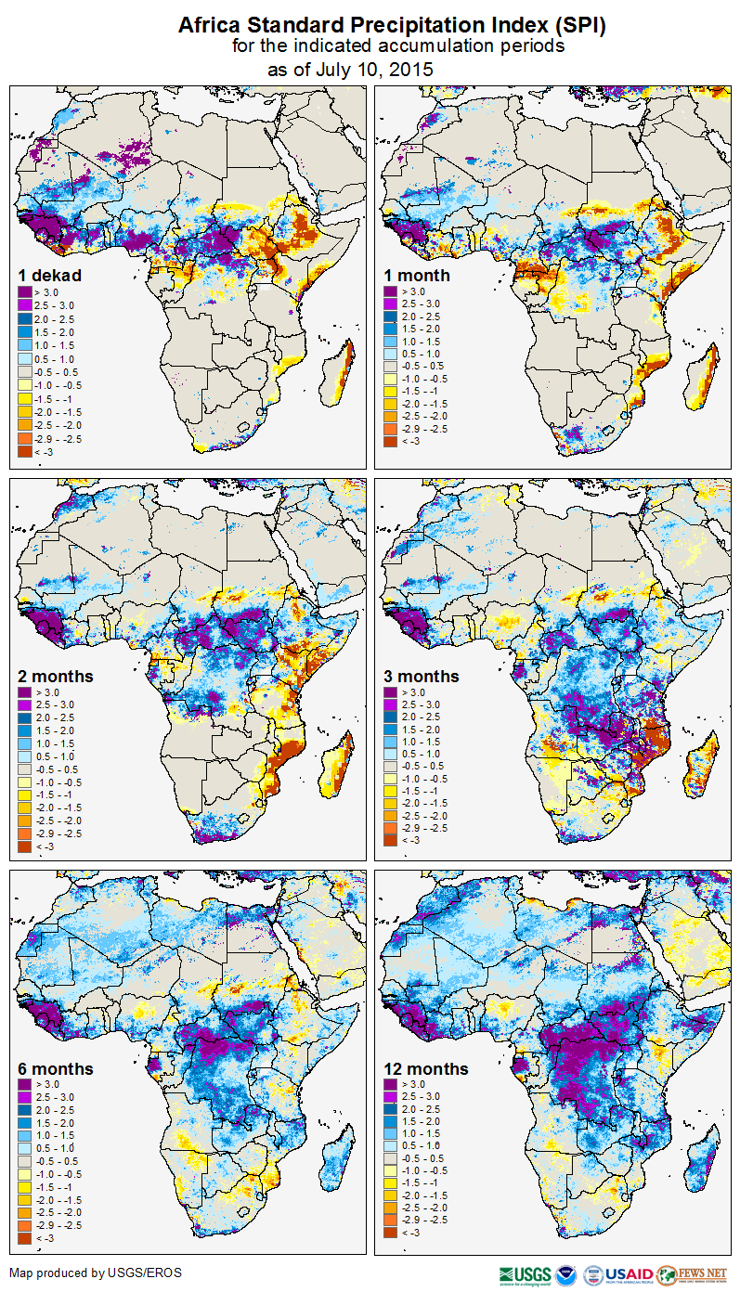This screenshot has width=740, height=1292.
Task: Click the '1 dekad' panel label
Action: point(50,276)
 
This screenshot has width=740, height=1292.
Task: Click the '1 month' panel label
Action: point(417,276)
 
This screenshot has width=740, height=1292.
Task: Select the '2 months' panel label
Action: point(56,676)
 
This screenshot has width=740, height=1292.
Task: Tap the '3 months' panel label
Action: point(422,677)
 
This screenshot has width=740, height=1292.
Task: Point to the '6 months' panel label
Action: point(56,1069)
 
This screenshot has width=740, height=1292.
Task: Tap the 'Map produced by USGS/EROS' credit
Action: point(96,1272)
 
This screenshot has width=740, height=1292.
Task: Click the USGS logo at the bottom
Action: point(525,1274)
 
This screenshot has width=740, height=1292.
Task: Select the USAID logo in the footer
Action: point(629,1274)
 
